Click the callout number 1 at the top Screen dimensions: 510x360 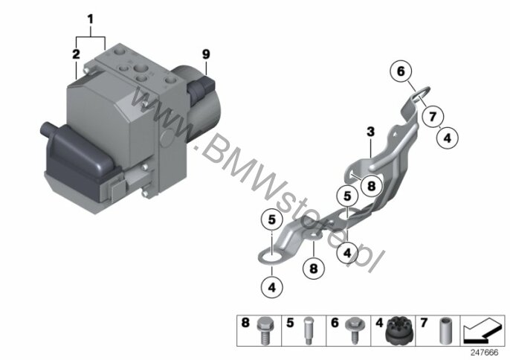[x=91, y=19]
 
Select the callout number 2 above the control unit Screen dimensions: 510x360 [x=76, y=54]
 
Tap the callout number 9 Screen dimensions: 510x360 [x=206, y=54]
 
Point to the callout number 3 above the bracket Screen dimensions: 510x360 [x=370, y=132]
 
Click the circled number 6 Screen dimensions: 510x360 [x=401, y=71]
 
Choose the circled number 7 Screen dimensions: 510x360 [x=433, y=116]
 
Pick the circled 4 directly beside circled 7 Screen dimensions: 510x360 [x=448, y=138]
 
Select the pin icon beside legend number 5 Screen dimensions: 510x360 [x=308, y=331]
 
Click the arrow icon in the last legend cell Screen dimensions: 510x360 [x=482, y=331]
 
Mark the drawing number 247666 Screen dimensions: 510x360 [x=485, y=353]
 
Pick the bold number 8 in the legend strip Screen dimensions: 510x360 [x=245, y=323]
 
